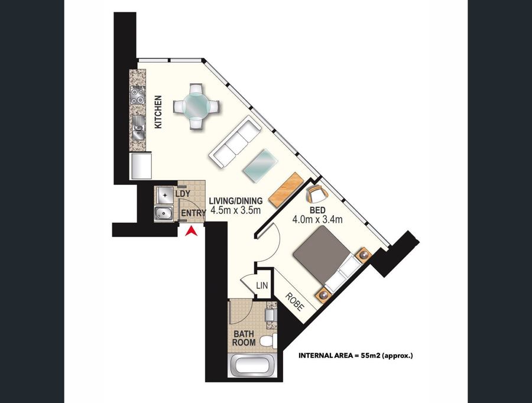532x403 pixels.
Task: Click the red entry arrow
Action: pyautogui.click(x=192, y=232)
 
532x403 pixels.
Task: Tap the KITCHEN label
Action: pyautogui.click(x=158, y=112)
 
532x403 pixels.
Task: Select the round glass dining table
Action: pyautogui.click(x=196, y=106)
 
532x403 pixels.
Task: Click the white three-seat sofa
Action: pyautogui.click(x=235, y=141)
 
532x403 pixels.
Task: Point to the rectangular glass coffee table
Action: pyautogui.click(x=260, y=166)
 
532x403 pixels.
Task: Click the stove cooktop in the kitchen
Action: pyautogui.click(x=138, y=95)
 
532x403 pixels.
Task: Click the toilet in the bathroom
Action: pyautogui.click(x=268, y=340)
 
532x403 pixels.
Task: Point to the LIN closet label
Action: pyautogui.click(x=262, y=285)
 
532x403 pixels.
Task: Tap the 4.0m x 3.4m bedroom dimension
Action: pyautogui.click(x=317, y=219)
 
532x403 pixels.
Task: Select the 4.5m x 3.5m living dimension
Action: pyautogui.click(x=235, y=210)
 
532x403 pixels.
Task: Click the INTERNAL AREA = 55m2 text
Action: pyautogui.click(x=356, y=356)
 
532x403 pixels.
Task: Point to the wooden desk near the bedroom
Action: pyautogui.click(x=286, y=190)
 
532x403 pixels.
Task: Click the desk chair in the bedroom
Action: pyautogui.click(x=317, y=194)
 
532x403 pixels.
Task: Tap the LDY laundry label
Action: pyautogui.click(x=183, y=194)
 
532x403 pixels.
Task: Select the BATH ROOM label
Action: pyautogui.click(x=244, y=338)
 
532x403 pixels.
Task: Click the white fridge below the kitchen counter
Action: pyautogui.click(x=141, y=166)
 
